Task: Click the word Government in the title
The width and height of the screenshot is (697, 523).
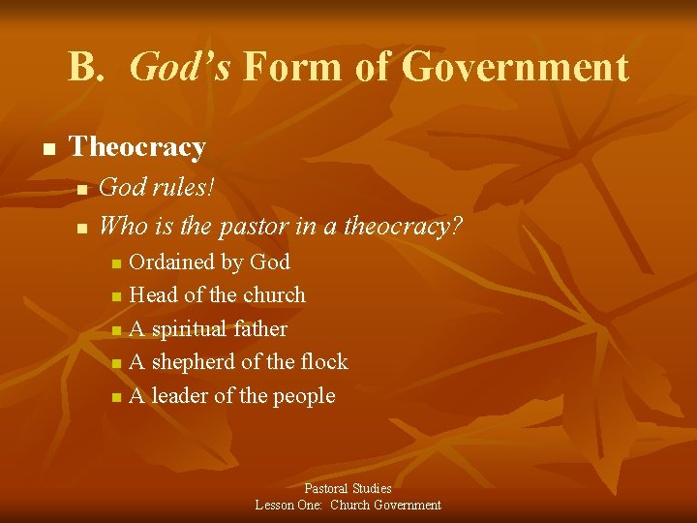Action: (x=514, y=68)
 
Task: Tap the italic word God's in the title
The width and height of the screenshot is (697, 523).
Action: (x=179, y=68)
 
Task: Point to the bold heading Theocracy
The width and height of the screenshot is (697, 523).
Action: (x=137, y=147)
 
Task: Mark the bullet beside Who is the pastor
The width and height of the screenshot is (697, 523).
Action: (x=82, y=229)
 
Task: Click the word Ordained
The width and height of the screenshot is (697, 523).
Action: (x=169, y=261)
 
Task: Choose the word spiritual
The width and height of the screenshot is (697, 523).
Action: (x=190, y=329)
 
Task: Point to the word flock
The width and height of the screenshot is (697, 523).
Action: (x=322, y=362)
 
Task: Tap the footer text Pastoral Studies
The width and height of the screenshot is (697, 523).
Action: (x=348, y=489)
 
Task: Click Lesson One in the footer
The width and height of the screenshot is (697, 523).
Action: (x=288, y=505)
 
